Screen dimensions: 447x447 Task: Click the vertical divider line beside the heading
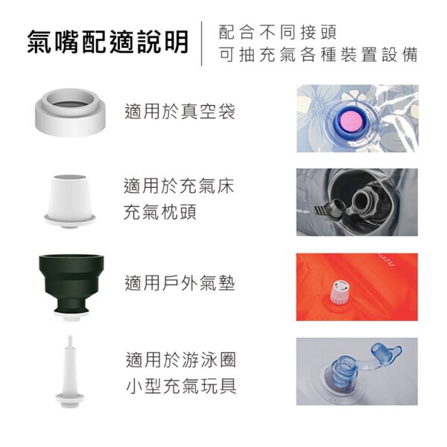(x=201, y=43)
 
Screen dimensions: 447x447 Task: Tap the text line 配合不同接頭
(x=278, y=32)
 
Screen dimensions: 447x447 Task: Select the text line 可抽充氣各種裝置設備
(x=319, y=56)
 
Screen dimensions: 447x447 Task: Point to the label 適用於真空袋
(x=180, y=112)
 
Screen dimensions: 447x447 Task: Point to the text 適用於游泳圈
(x=180, y=360)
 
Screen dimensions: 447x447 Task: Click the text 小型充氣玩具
(x=180, y=387)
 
